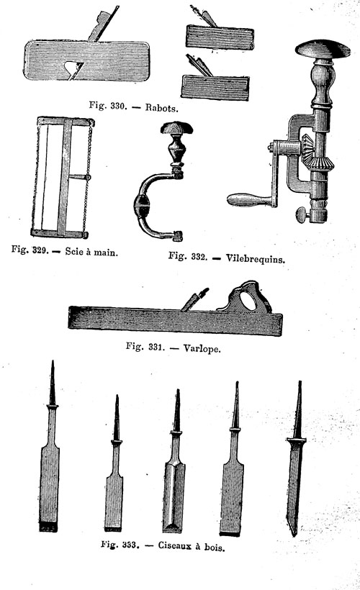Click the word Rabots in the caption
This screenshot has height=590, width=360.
161,108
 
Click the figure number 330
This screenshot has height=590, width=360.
118,106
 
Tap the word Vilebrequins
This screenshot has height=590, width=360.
256,258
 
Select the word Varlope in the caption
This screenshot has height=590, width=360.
202,348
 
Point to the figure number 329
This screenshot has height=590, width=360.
40,250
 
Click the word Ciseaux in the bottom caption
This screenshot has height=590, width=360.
175,545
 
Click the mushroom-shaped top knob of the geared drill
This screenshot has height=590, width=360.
323,50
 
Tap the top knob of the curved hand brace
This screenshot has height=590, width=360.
176,128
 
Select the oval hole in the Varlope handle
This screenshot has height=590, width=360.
248,301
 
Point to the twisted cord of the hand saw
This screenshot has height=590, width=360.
89,177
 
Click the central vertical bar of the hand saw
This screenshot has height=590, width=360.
65,177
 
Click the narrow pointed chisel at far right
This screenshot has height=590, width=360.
297,459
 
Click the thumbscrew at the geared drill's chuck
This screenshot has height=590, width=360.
302,215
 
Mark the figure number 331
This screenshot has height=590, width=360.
155,347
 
